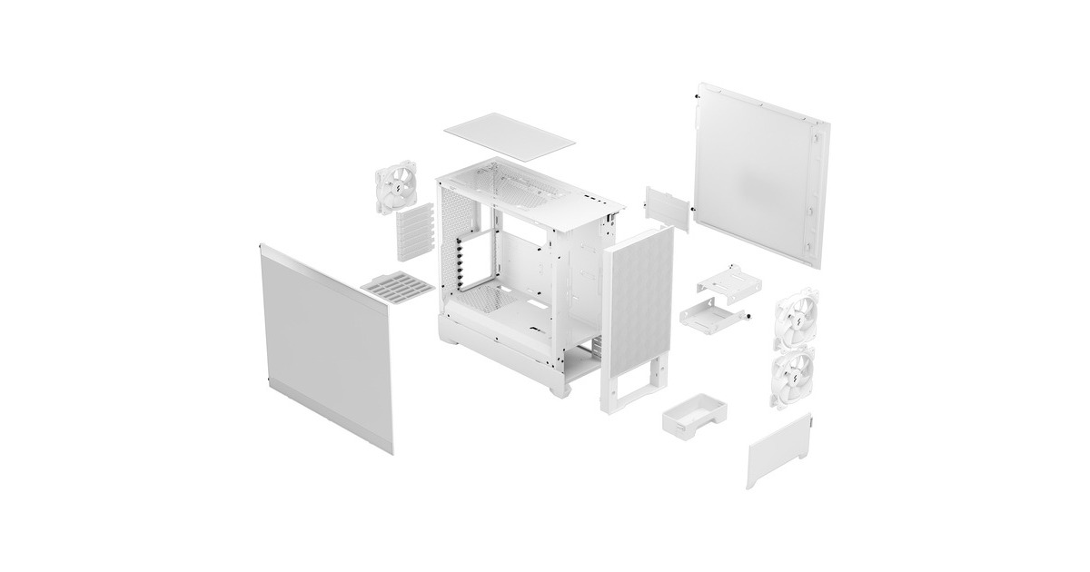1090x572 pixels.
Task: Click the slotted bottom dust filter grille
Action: (x=398, y=288)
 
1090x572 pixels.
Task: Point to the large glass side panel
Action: (x=327, y=344)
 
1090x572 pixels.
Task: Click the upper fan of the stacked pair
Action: (x=794, y=320)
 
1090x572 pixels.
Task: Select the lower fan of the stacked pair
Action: (x=794, y=377)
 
